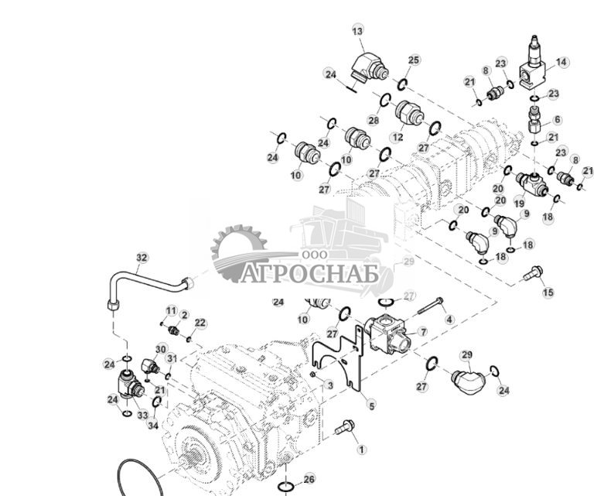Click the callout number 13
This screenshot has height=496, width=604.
[357, 31]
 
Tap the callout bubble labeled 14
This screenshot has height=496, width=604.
[561, 62]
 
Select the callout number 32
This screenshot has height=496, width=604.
[141, 258]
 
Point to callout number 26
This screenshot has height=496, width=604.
[309, 479]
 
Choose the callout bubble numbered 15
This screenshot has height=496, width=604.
[548, 292]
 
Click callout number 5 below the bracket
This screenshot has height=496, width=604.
[371, 405]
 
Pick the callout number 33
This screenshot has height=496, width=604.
[142, 416]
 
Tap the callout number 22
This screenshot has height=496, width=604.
[200, 323]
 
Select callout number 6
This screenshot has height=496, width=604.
[557, 120]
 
